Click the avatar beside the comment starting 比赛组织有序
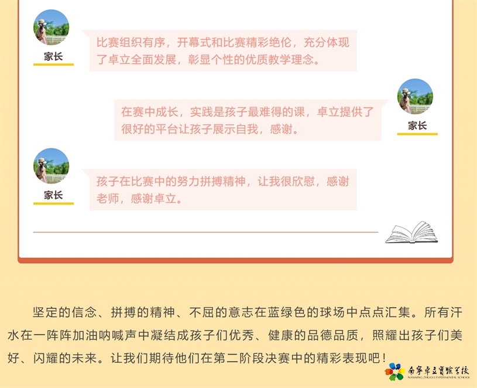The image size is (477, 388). pos(51,28)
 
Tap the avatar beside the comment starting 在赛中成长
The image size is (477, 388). pos(415,97)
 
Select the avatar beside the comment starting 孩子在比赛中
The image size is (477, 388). pos(51,166)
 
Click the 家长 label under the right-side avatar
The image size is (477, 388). pos(417,125)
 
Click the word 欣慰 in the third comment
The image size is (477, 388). pos(304,182)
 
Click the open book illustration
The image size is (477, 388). pos(411,232)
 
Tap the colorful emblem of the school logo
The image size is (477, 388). pos(394,372)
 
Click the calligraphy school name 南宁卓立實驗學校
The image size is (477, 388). pos(438,370)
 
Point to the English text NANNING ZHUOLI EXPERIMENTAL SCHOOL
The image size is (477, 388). pos(439,377)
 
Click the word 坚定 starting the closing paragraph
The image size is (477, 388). pos(45,312)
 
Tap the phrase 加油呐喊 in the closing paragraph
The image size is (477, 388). pos(98,335)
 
